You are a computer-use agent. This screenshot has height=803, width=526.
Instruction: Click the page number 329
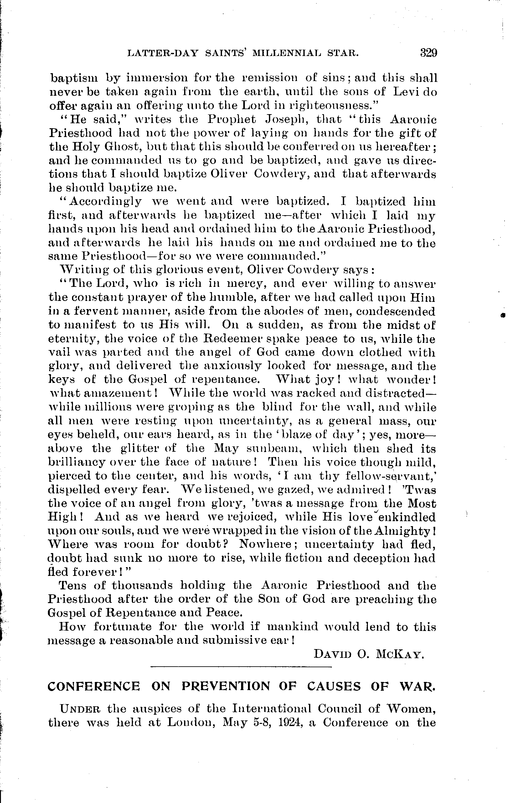pyautogui.click(x=428, y=53)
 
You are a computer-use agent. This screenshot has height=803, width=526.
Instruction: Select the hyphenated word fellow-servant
pyautogui.click(x=391, y=476)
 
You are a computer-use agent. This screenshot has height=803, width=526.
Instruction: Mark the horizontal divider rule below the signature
pyautogui.click(x=241, y=667)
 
